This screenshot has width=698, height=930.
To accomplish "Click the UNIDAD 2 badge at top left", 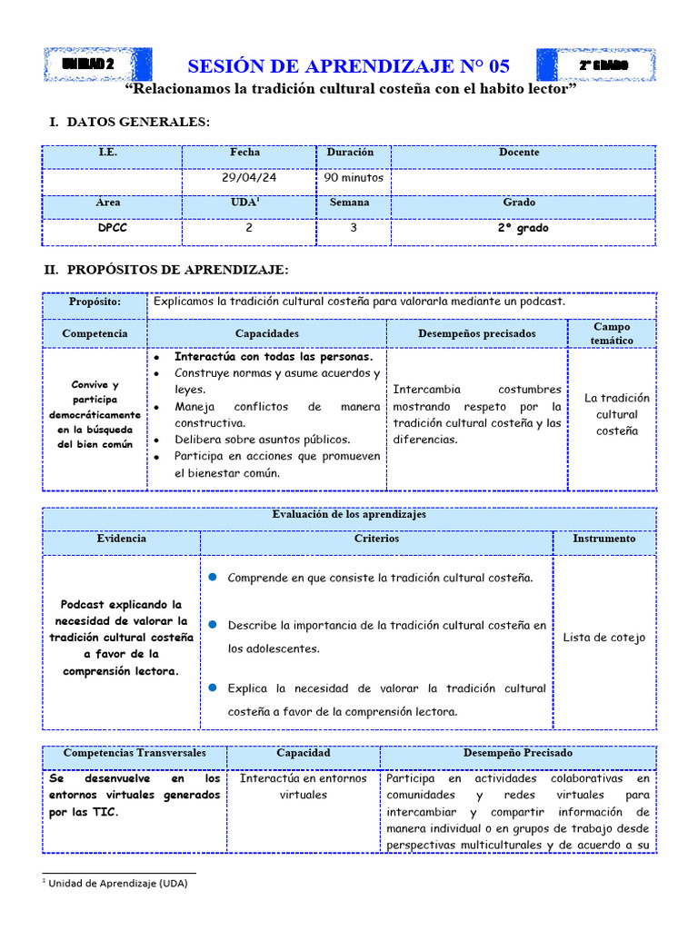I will [89, 65].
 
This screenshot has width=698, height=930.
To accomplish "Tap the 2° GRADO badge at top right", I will [603, 65].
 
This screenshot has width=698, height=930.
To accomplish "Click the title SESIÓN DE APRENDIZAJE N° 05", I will [348, 66].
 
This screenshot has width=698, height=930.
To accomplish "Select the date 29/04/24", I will [249, 178].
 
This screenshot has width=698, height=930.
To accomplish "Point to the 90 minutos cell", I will [354, 178].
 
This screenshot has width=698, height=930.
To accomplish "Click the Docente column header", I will [519, 153].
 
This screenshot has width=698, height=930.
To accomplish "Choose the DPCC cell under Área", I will [112, 228].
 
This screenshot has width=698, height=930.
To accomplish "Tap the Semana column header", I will [349, 203].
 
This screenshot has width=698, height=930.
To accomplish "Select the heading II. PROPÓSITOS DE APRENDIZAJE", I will [166, 270].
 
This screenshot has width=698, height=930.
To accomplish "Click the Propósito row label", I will [95, 302].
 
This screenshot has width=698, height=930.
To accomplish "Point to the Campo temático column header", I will [611, 333].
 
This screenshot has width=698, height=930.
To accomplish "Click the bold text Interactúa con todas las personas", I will [274, 357].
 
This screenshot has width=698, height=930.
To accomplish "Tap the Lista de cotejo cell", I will [603, 638].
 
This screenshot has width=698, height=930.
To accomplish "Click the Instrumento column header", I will [603, 539].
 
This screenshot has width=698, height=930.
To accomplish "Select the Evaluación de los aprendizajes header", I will [349, 514].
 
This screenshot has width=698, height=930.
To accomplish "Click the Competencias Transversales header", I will [135, 753].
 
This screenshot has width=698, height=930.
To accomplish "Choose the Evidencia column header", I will [121, 539].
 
